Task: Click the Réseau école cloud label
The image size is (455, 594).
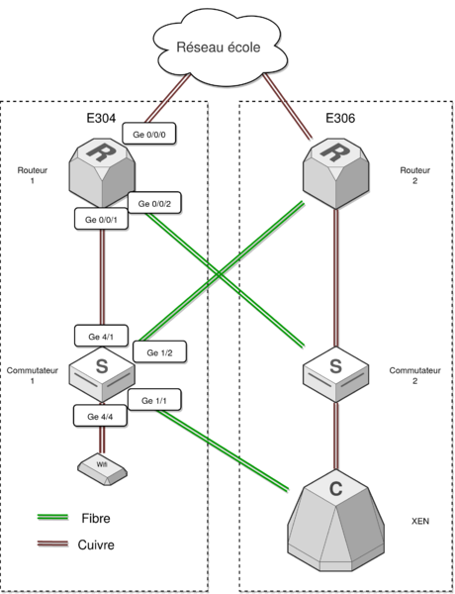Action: [x=219, y=48]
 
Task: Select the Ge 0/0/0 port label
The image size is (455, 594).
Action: [x=149, y=134]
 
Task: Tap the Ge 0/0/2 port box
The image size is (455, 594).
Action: [x=154, y=203]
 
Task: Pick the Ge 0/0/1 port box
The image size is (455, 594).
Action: [x=101, y=219]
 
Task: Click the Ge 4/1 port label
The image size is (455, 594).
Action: [x=101, y=336]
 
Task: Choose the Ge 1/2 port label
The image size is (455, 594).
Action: [x=159, y=352]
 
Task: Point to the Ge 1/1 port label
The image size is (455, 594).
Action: [x=154, y=400]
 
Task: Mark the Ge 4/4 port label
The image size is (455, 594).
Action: [x=100, y=416]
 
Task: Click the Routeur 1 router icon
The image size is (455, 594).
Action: [x=102, y=172]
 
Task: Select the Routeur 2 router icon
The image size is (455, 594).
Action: [x=336, y=173]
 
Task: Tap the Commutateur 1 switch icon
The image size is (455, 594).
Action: [x=102, y=374]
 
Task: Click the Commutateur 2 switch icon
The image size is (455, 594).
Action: [x=336, y=374]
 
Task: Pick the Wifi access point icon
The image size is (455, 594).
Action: [x=102, y=469]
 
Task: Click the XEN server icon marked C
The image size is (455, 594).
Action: [x=336, y=521]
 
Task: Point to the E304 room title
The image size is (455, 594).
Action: [x=101, y=118]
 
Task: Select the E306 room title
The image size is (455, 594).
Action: [x=340, y=118]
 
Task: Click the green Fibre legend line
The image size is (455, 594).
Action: [x=52, y=517]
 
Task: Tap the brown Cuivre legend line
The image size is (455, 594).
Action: [x=52, y=544]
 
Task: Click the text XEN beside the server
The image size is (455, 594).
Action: [x=420, y=522]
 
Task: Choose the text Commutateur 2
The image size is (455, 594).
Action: [x=414, y=375]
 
